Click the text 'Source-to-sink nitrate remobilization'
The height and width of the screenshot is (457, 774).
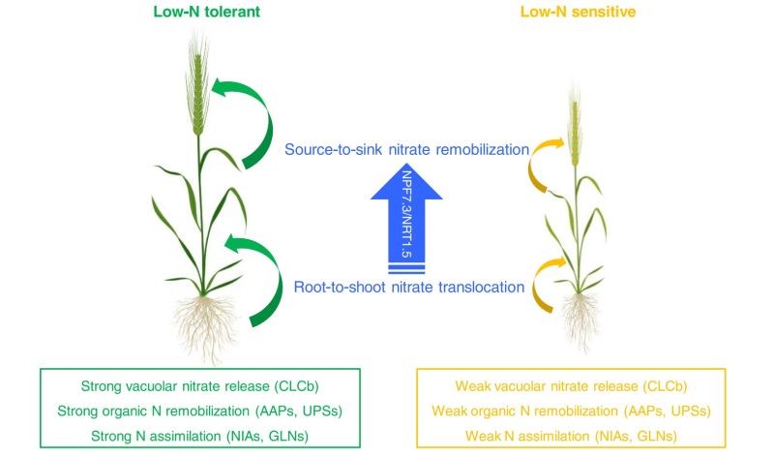click(406, 150)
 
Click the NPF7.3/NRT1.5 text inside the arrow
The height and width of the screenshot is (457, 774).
click(406, 208)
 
